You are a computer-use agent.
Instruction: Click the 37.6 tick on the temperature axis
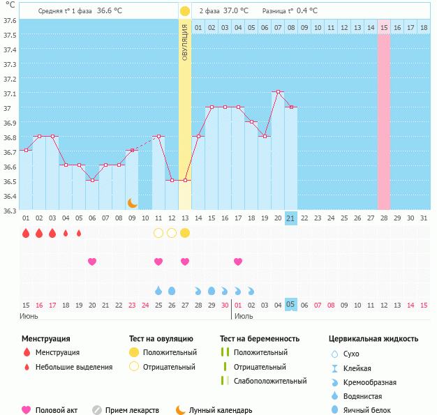point(10,20)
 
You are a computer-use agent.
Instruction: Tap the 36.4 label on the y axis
point(10,196)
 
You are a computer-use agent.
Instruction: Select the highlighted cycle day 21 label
point(291,218)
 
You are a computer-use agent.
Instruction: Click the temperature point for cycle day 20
point(278,92)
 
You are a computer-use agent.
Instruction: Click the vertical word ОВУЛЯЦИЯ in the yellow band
point(184,41)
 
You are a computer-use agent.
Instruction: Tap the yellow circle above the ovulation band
point(184,11)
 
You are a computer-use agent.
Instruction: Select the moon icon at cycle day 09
point(132,202)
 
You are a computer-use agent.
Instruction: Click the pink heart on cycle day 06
point(92,262)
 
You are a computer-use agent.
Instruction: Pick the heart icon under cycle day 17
point(238,262)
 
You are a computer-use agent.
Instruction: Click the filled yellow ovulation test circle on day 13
point(185,232)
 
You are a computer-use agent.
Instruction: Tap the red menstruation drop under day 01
point(26,233)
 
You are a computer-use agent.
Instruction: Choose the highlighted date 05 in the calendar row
point(291,304)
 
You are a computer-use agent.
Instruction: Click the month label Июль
point(244,316)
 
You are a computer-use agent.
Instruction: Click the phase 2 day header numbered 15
point(384,27)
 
